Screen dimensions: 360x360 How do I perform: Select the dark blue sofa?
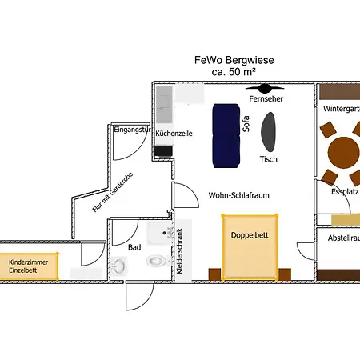(x=226, y=134)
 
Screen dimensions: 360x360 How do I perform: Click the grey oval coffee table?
(x=272, y=131)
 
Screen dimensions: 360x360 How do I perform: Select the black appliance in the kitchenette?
(x=162, y=150)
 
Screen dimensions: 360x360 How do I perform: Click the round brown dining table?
(x=344, y=151)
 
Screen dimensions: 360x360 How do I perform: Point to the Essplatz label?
(x=344, y=192)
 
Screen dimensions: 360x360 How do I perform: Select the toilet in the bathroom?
(x=155, y=261)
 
